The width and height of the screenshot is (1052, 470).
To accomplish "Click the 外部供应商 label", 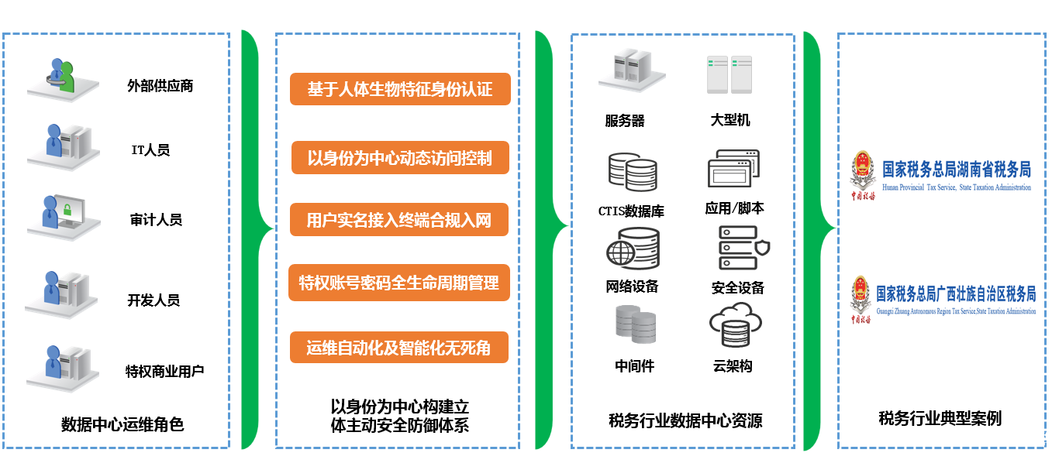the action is point(160,86).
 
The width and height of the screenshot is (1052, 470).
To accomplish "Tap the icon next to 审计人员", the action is point(64,218).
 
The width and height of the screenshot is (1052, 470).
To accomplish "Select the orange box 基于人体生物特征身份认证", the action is point(400,89).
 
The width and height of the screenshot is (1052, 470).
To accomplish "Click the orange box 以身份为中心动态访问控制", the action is point(400,158).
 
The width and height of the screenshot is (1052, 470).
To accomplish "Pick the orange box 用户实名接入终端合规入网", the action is point(399,220).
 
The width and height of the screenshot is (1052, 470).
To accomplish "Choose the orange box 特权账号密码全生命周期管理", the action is point(399,283).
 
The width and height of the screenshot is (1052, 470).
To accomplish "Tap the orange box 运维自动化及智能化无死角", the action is point(399,348).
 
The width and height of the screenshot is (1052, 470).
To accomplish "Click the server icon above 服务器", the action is point(632,70).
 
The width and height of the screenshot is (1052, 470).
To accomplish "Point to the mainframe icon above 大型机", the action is point(730,74).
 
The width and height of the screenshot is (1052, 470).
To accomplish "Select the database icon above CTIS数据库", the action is point(633,172).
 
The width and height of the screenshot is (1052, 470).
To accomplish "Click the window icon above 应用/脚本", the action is point(733,169).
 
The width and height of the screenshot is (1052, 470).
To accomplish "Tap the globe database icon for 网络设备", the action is point(633,249).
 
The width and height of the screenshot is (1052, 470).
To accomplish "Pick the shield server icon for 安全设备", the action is point(744,248).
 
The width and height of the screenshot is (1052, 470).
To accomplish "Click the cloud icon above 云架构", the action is point(736,324).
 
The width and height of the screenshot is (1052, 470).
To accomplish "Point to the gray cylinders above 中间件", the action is point(636,324).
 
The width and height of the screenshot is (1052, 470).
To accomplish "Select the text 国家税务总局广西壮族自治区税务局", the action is point(956,294).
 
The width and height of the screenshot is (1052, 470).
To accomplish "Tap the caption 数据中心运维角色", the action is point(122,424).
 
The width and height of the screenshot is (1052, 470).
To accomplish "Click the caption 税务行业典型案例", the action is point(940,418).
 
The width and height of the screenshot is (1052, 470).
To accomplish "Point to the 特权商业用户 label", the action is point(165,372).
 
